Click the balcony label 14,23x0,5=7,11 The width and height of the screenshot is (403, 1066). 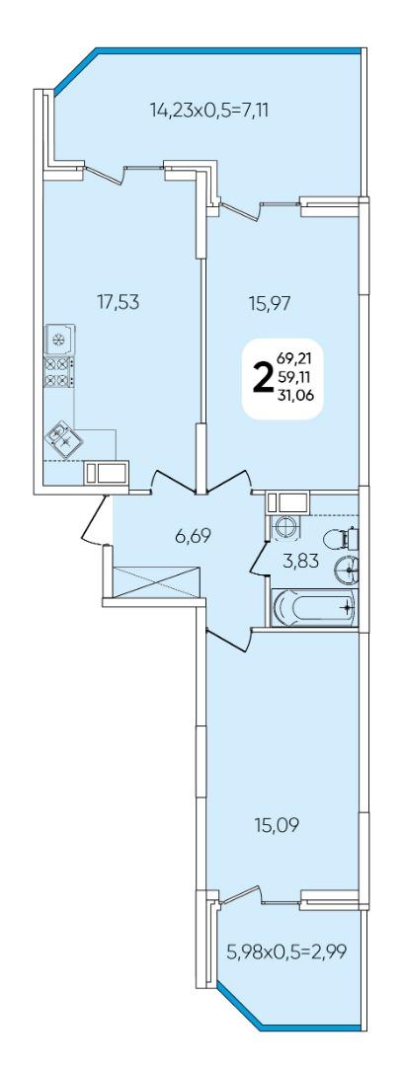pos(209,109)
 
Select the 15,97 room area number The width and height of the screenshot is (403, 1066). pos(269,303)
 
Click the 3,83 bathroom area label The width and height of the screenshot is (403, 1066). pos(301,561)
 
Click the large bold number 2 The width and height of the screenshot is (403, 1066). pos(262,379)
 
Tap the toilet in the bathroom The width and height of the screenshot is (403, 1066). pos(342,539)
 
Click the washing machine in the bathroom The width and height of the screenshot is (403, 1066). pos(286,527)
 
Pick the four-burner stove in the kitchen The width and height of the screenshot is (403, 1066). pos(59,372)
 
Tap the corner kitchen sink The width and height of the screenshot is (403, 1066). pos(64,439)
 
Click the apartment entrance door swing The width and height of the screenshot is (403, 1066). pos(95,520)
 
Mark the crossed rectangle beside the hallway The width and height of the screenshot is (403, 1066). pos(157,582)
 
